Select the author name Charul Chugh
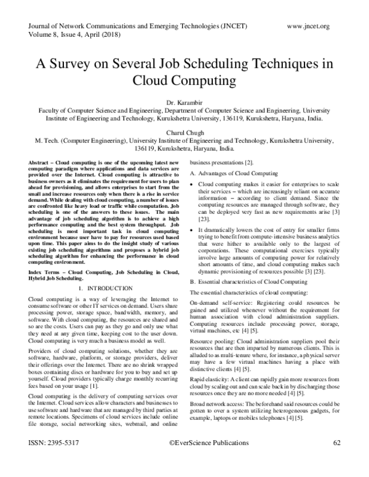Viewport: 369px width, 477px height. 184,132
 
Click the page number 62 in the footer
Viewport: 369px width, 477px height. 336,460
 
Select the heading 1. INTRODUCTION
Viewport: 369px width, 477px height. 100,288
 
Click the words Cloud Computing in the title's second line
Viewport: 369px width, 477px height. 184,81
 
